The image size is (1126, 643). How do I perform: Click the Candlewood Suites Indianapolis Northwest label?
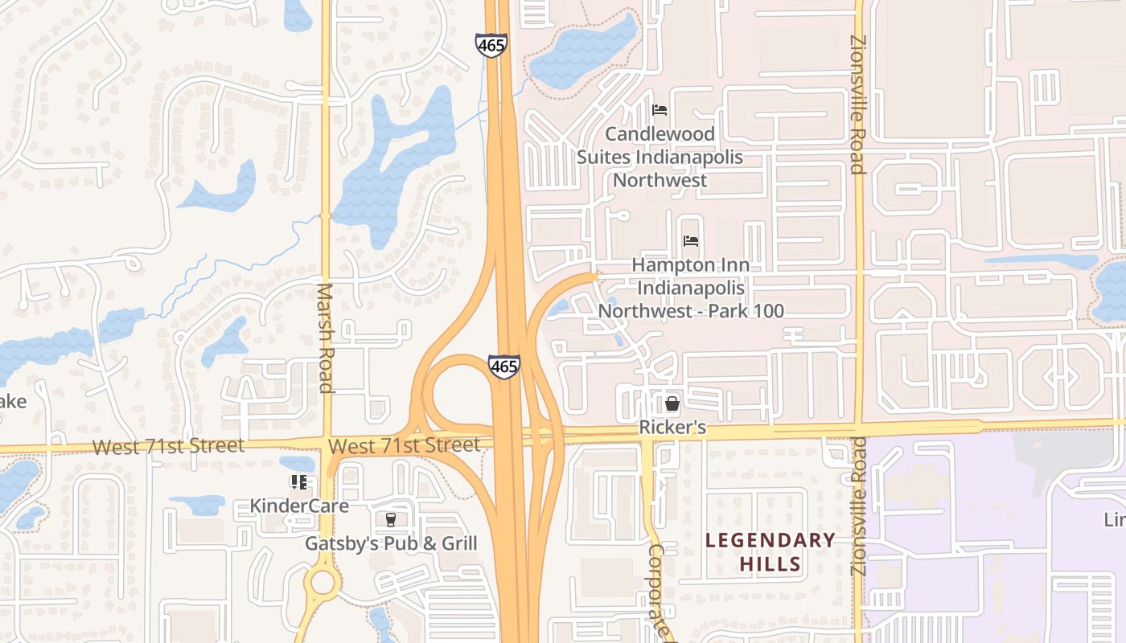(660, 157)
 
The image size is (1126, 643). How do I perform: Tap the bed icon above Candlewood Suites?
(660, 110)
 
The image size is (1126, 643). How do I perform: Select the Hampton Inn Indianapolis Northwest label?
(691, 288)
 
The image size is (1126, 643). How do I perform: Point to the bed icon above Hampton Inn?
(690, 240)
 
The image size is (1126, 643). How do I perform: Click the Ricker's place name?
(672, 428)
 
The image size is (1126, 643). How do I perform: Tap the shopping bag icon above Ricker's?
(672, 403)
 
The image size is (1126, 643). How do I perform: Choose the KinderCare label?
(299, 506)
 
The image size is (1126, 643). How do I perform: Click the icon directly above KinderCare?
(299, 482)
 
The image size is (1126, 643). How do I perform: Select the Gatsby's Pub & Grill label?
(391, 543)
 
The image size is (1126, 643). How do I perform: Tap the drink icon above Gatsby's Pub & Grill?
(391, 520)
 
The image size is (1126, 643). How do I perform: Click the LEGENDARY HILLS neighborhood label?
(770, 551)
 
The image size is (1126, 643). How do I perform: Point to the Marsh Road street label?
(326, 338)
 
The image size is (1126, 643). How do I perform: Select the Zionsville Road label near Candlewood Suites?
(857, 104)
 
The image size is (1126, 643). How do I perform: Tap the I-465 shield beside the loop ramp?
(503, 367)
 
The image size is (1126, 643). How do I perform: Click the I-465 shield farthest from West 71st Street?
(491, 45)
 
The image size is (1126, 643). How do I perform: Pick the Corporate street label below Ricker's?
(658, 591)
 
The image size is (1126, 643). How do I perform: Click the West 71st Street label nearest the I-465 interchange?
(405, 444)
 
